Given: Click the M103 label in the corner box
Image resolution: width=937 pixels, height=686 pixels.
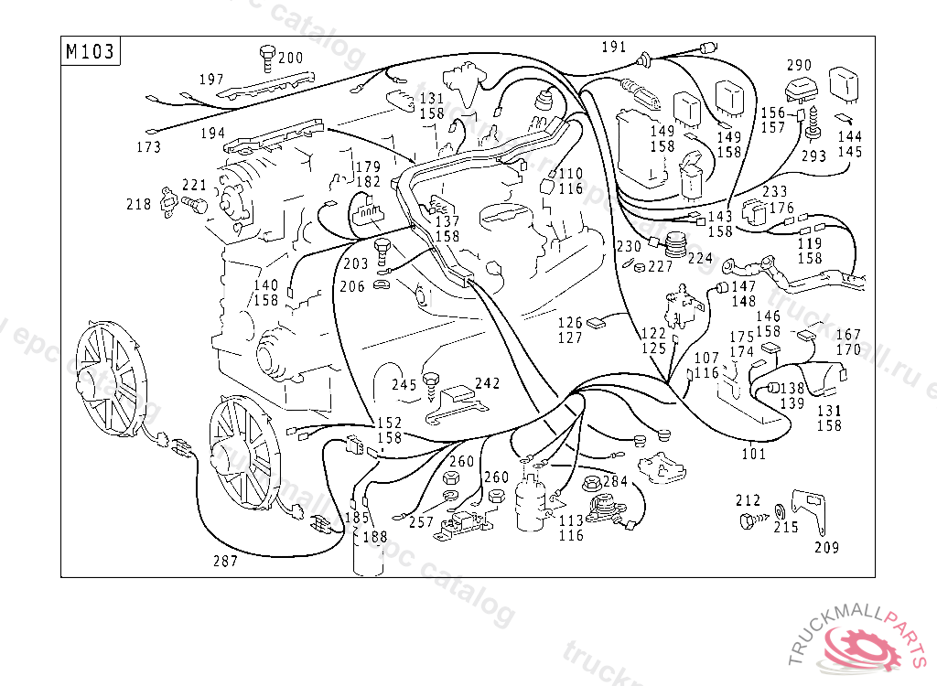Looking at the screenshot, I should tap(91, 51).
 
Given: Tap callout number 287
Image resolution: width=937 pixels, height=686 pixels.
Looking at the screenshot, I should tap(225, 561).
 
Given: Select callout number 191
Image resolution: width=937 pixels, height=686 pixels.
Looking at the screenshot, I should tap(614, 47).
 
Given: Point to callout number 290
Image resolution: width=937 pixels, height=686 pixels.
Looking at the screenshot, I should tap(799, 65).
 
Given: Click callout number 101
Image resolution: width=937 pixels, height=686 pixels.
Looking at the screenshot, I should tap(753, 453).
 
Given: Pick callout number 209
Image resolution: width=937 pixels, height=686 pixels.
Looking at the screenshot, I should tap(826, 548).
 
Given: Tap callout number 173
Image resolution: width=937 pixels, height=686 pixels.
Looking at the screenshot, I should tap(148, 146).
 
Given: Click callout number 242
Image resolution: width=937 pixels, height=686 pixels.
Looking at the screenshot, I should tap(488, 383).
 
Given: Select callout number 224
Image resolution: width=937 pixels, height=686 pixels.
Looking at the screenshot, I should tap(700, 258).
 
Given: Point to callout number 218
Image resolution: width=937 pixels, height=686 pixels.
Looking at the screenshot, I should tap(139, 205).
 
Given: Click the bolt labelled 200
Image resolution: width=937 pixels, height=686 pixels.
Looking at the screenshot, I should tap(268, 57).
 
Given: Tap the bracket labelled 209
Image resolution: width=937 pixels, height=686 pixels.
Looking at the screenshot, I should tap(809, 512).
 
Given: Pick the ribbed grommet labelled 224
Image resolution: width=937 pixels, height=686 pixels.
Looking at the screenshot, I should tap(676, 245).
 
